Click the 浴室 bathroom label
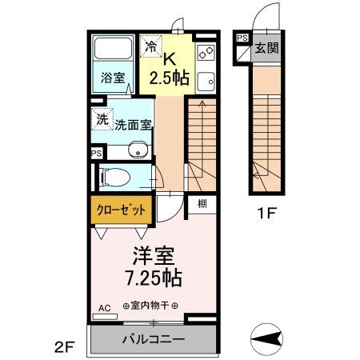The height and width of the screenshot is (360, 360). [112, 78]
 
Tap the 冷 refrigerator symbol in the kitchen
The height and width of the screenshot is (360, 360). [150, 46]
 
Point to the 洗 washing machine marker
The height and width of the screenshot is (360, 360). [102, 118]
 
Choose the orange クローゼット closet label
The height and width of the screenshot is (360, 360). [122, 210]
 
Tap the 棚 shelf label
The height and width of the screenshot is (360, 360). [202, 204]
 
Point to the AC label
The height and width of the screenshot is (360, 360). [104, 307]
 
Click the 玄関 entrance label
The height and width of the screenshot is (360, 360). [266, 48]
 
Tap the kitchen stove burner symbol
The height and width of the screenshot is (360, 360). [202, 54]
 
